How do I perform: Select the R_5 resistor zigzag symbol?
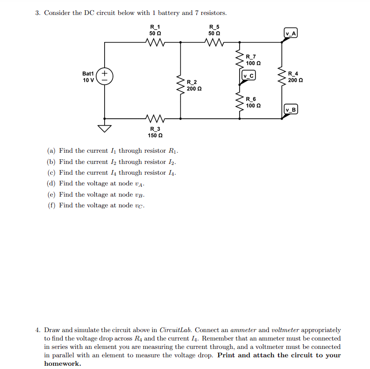[x=215, y=43]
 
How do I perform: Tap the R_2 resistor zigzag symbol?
[x=180, y=85]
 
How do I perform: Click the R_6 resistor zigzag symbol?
[x=240, y=101]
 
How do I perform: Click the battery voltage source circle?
[x=104, y=77]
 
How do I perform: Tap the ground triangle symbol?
[x=104, y=128]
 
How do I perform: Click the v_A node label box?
[x=291, y=33]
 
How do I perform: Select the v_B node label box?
[x=291, y=110]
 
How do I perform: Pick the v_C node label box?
[x=249, y=76]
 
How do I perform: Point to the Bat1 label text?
[x=88, y=74]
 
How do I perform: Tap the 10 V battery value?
[x=88, y=80]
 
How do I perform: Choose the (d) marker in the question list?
[x=51, y=184]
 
